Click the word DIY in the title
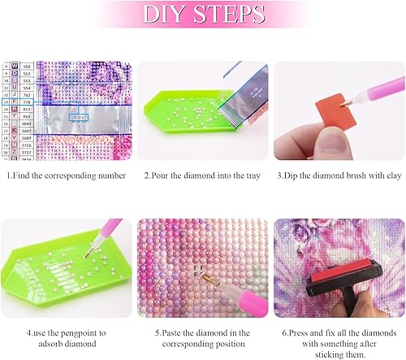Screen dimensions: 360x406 tap(166, 16)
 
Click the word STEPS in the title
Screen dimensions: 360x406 tap(229, 16)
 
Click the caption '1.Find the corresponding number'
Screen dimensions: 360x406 tap(67, 175)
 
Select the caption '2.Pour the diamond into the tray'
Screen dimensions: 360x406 tap(203, 175)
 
